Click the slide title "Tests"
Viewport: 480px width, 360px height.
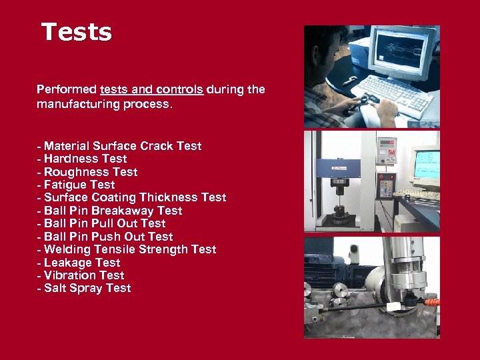click(77, 31)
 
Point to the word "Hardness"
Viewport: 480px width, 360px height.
click(72, 159)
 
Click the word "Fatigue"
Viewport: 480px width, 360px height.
click(66, 185)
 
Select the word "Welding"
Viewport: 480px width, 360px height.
click(67, 249)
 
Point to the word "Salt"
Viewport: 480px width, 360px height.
click(56, 289)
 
